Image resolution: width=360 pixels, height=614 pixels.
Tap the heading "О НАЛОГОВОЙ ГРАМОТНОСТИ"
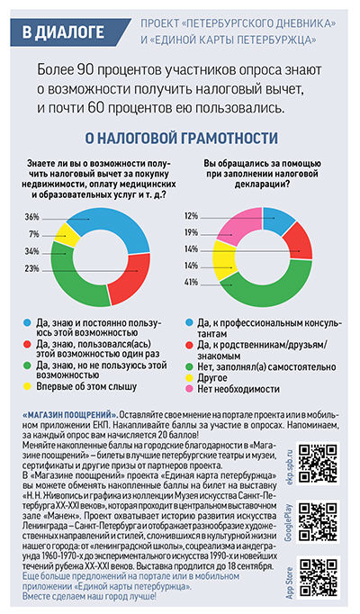tap(182, 138)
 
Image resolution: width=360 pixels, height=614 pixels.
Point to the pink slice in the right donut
tap(238, 225)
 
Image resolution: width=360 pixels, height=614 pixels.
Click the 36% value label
tap(32, 217)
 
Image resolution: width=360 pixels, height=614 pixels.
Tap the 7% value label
tap(34, 234)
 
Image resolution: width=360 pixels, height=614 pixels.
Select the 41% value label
tap(192, 282)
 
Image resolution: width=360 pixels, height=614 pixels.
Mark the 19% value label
tap(192, 232)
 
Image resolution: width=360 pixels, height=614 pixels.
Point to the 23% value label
tap(32, 268)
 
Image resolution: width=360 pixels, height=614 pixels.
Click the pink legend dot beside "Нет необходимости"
tap(189, 389)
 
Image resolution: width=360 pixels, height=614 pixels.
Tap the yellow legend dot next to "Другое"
tap(189, 378)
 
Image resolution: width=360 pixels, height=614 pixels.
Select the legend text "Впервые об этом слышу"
tap(86, 386)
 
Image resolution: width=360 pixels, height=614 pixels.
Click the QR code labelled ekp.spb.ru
tap(318, 463)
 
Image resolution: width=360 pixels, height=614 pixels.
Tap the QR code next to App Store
tap(318, 577)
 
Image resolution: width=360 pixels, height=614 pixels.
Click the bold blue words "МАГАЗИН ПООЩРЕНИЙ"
tap(69, 415)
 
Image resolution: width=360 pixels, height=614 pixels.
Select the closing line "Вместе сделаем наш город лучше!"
tap(89, 596)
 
